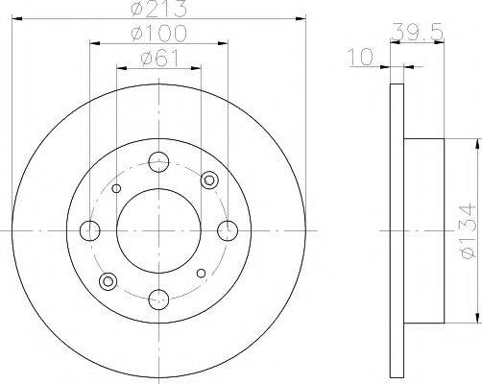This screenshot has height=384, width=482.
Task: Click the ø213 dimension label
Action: [159, 8]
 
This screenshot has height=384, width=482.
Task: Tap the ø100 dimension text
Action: [159, 34]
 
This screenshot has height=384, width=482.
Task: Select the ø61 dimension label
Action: [159, 59]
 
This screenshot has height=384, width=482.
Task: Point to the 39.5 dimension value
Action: [418, 32]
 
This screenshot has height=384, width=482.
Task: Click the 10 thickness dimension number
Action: [361, 57]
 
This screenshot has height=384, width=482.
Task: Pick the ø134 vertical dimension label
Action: [468, 230]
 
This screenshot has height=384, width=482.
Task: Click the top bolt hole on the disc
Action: [158, 162]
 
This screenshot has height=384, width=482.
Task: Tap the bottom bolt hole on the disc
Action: [158, 300]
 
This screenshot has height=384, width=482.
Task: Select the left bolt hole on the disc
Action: [90, 230]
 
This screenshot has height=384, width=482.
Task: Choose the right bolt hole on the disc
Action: [228, 230]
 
